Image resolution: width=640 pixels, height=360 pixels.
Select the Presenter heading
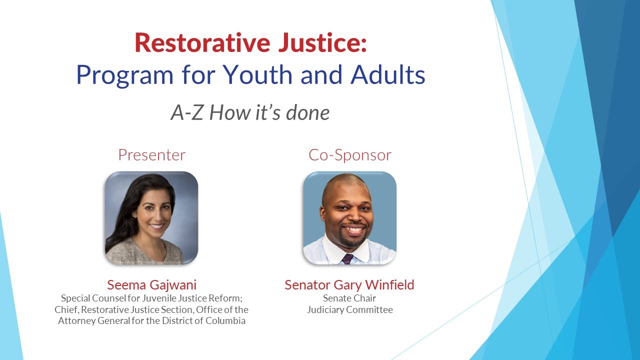151,155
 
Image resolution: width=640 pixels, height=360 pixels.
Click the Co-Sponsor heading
349,155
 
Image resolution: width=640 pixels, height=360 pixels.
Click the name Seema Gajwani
151,285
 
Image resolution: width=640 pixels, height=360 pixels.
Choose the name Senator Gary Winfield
349,285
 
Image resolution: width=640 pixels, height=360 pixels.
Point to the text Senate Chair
349,298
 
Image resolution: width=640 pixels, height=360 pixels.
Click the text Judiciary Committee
349,310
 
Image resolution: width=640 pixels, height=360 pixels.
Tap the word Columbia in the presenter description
225,321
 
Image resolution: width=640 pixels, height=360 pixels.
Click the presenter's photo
151,217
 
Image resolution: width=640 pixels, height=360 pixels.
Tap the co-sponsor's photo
349,217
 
